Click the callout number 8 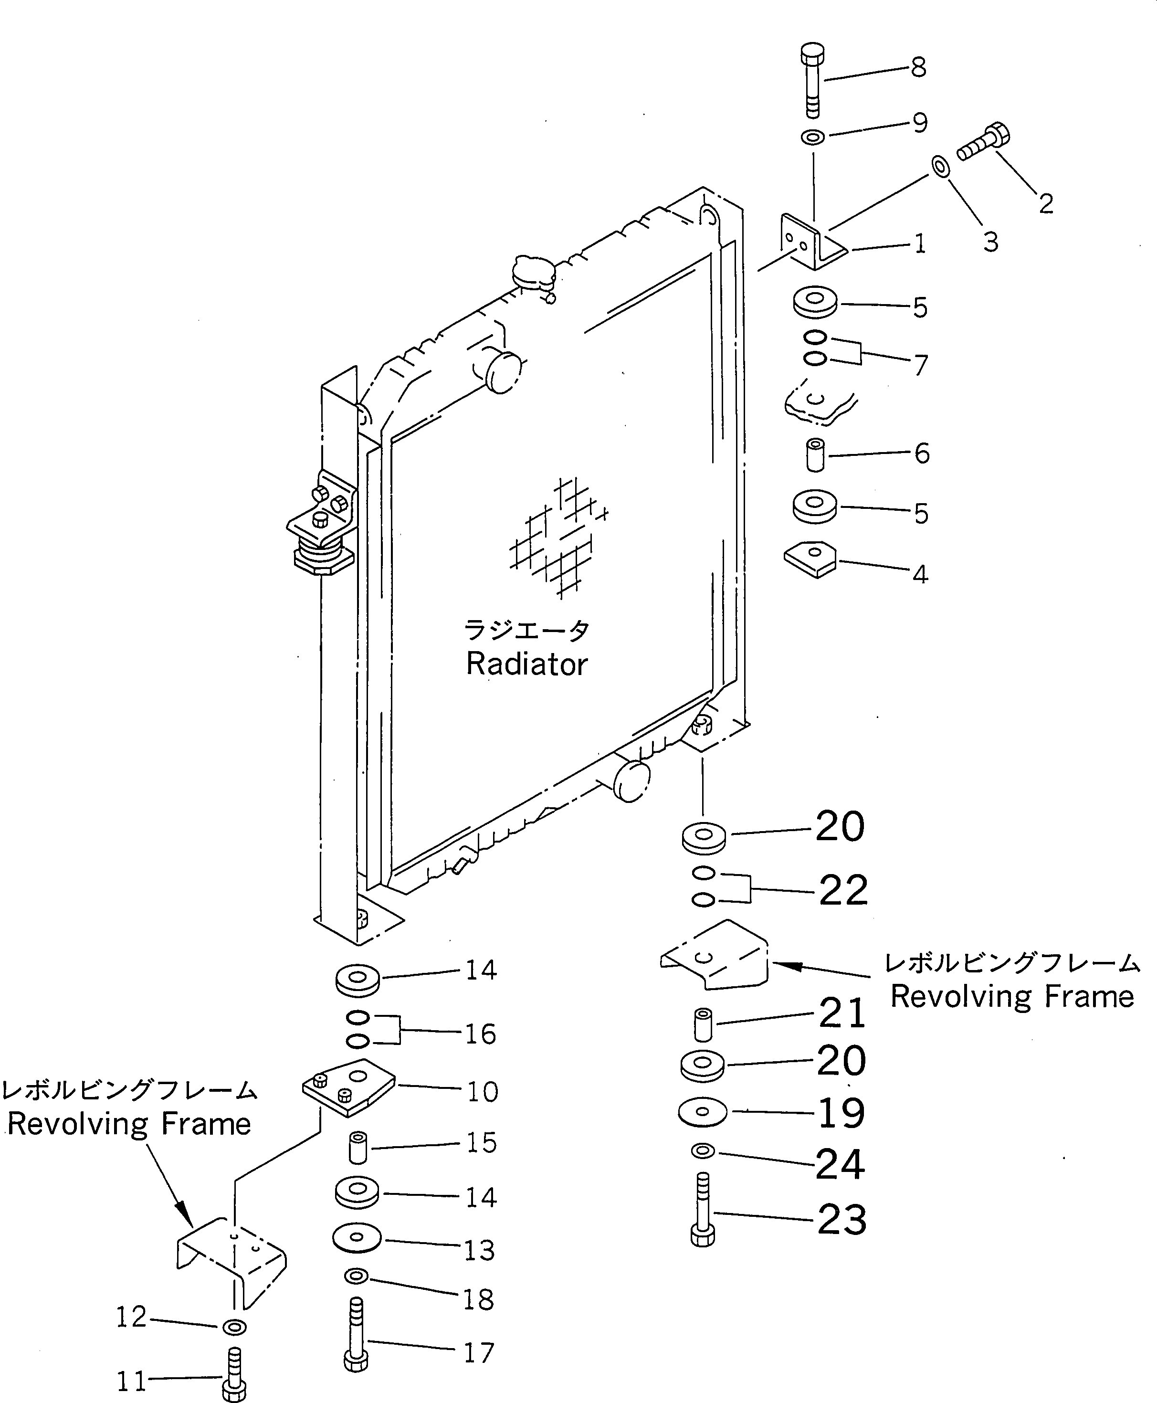coord(918,67)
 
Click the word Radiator coord(526,664)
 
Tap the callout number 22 coord(843,890)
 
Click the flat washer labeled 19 coord(703,1112)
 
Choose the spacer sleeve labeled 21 coord(703,1024)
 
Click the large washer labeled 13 coord(357,1238)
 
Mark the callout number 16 coord(480,1034)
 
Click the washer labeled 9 coord(812,137)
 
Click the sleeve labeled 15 coord(358,1146)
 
